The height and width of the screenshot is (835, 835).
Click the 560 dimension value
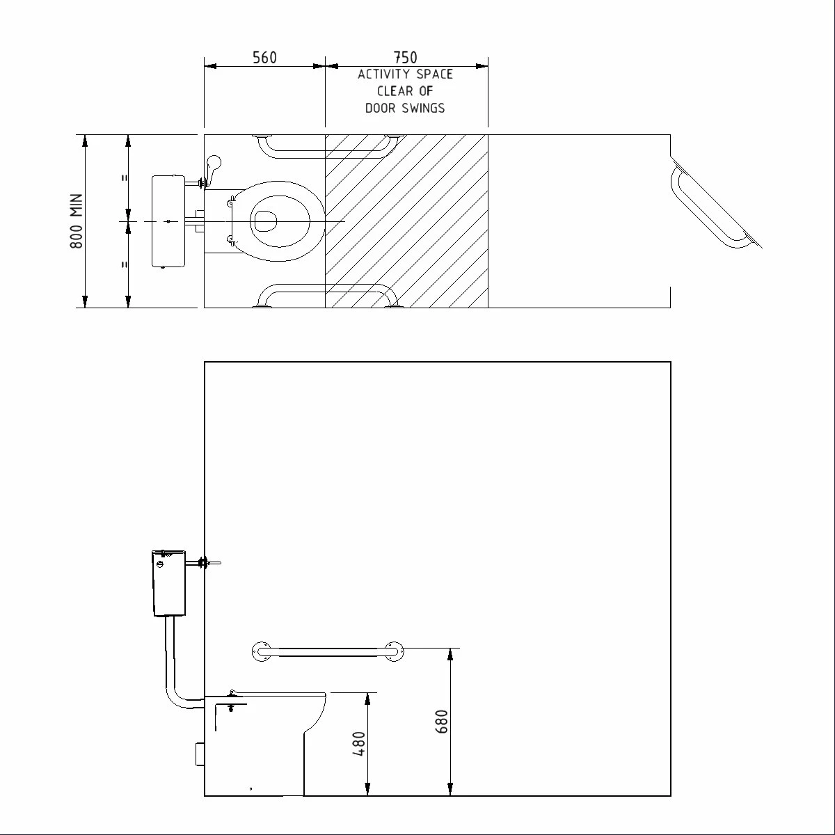[264, 57]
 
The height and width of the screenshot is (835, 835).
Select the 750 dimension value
[406, 57]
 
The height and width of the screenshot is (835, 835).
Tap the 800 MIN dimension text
[77, 221]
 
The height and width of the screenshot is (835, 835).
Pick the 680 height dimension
[442, 721]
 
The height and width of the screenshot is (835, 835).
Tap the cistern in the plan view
[168, 221]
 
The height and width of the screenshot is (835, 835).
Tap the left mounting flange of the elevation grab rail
[262, 652]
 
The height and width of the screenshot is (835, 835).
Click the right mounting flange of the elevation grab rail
[392, 652]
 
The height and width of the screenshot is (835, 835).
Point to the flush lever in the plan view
[213, 167]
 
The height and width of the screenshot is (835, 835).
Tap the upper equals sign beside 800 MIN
[125, 178]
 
